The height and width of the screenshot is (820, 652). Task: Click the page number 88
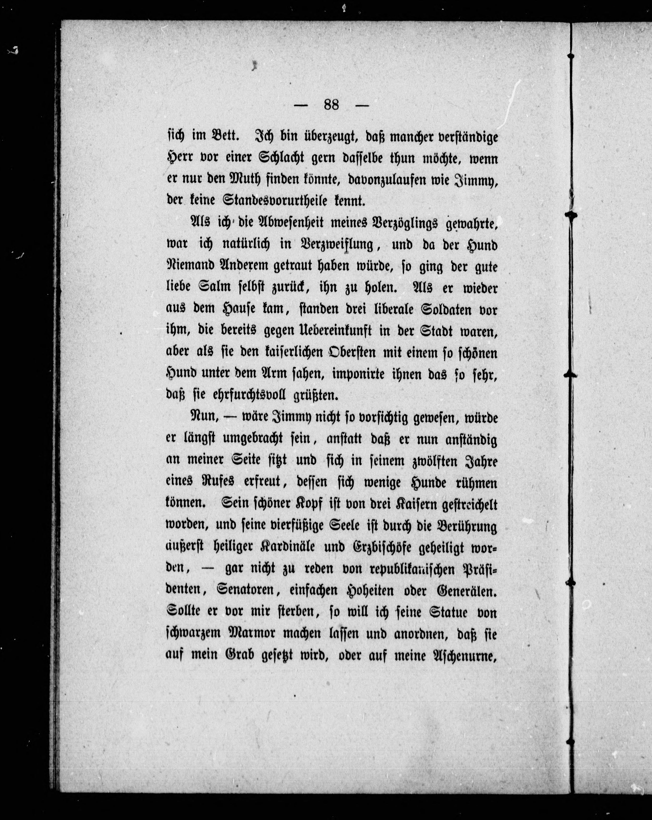point(332,105)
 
